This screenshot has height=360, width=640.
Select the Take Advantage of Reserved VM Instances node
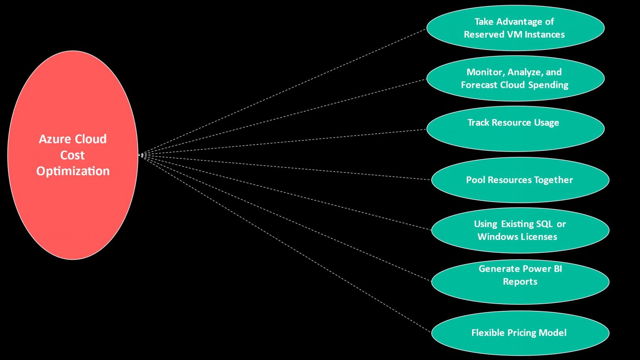pos(515,28)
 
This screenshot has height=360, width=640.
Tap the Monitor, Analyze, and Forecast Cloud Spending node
pos(515,78)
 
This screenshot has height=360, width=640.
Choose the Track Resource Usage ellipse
pos(515,129)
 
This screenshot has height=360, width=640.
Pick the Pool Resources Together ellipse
pos(520,180)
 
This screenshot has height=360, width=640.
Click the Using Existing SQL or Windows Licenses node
pos(520,230)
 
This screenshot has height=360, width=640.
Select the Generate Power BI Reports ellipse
pos(520,282)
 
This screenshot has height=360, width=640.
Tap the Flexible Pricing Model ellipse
pos(520,333)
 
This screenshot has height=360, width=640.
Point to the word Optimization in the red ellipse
pos(73,171)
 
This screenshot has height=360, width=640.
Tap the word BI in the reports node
pos(557,269)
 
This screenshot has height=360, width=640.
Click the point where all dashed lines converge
pos(142,155)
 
